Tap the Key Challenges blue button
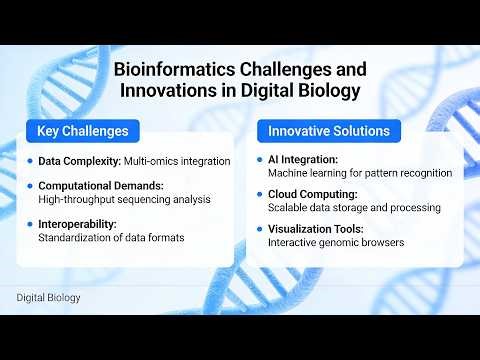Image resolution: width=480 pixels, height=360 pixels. click(x=83, y=131)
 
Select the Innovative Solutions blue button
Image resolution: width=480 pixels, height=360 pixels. click(x=329, y=131)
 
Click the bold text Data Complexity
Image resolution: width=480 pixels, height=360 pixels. click(x=79, y=160)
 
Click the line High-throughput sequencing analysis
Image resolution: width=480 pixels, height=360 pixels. click(x=124, y=199)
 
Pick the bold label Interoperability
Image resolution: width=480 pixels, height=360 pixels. click(x=79, y=224)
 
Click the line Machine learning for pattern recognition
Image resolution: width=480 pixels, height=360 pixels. click(x=360, y=172)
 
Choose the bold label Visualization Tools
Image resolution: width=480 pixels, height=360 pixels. click(x=318, y=229)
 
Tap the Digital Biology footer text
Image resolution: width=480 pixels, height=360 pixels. click(x=49, y=297)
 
